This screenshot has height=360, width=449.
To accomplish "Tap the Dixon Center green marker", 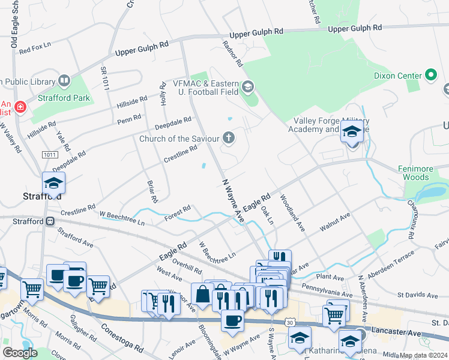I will point(430,76).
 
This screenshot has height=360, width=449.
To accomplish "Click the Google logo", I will point(20,353).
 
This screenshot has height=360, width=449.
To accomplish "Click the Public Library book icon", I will point(64,80).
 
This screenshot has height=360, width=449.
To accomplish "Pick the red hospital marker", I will point(20,107).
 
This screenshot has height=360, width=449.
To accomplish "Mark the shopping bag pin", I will point(203,294).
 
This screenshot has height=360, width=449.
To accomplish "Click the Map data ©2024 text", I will point(423,355).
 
